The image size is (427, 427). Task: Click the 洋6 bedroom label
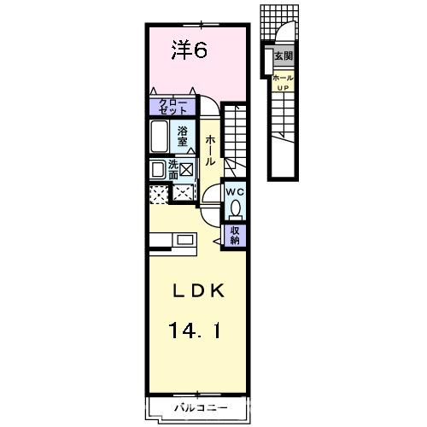190,50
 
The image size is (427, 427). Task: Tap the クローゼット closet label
173,107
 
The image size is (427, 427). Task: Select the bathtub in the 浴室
159,137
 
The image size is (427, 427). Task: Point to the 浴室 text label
182,137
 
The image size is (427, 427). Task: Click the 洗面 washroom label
173,170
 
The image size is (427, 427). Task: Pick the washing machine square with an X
186,170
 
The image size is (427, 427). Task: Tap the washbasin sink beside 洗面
158,170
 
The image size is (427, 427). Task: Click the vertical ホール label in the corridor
210,150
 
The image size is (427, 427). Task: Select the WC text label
236,192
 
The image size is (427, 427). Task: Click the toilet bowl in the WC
236,208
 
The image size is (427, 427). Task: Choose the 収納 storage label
235,235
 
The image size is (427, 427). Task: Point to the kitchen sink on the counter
184,240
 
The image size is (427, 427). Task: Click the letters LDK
198,291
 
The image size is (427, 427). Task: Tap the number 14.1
195,330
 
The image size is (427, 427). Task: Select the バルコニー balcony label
201,408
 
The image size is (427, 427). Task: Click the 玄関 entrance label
284,56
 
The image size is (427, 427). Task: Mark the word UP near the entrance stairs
283,88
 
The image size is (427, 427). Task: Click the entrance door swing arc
285,26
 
